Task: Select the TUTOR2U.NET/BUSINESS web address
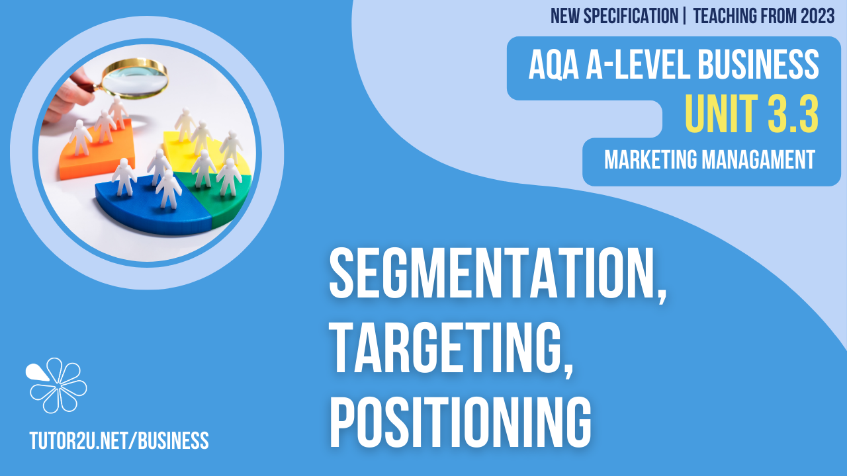(119, 440)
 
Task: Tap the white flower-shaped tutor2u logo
(57, 385)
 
